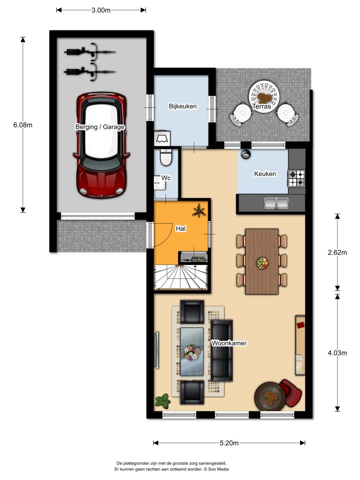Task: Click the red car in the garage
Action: [x=101, y=145]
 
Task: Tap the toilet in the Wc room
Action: [x=166, y=157]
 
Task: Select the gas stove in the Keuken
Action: [x=296, y=179]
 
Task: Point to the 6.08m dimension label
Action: [x=22, y=125]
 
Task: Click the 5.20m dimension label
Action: [x=229, y=443]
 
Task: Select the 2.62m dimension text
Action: [x=337, y=253]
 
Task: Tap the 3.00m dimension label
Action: [x=101, y=10]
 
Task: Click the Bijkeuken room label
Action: [x=183, y=106]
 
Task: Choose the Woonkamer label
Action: [x=229, y=343]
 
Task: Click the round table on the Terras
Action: [x=264, y=97]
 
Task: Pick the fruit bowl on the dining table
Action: [x=262, y=263]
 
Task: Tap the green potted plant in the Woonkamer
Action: [x=163, y=401]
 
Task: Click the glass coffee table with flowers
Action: [x=192, y=352]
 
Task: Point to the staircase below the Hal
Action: [x=181, y=277]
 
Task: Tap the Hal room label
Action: [x=180, y=229]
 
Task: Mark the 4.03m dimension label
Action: [x=337, y=353]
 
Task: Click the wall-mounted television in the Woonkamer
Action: [x=157, y=350]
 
